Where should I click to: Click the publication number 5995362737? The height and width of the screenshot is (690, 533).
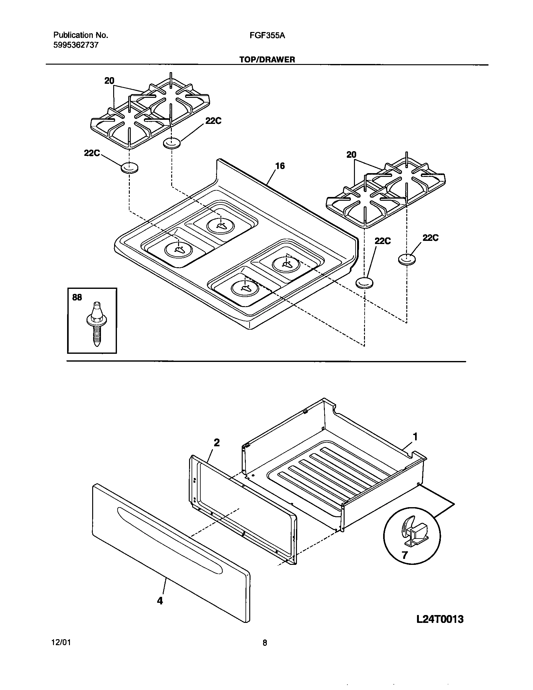click(x=76, y=45)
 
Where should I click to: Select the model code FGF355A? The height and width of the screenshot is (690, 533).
click(x=267, y=36)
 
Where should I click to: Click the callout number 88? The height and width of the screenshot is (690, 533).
click(x=77, y=297)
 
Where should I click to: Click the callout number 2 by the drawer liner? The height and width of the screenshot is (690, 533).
click(x=217, y=443)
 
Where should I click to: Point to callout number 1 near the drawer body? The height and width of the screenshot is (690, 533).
click(x=415, y=437)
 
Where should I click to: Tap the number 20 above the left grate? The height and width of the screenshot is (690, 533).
click(x=109, y=81)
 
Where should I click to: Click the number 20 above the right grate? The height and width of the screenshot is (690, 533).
click(x=351, y=155)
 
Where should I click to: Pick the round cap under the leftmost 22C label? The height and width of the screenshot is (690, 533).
click(x=129, y=168)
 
